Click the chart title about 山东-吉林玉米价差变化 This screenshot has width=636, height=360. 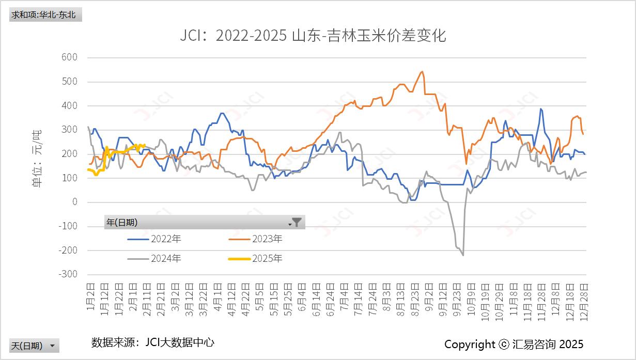click(x=313, y=36)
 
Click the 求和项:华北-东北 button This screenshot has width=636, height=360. click(x=45, y=14)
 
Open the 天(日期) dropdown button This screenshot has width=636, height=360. click(x=34, y=346)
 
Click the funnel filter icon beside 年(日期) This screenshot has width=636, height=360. click(x=297, y=222)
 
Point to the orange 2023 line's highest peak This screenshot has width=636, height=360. click(x=422, y=71)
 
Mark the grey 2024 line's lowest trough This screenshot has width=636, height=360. click(x=463, y=255)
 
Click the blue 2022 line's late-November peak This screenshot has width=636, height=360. click(x=540, y=108)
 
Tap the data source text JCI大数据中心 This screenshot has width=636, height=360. click(x=153, y=342)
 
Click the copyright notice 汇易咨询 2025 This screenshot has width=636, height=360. click(x=514, y=345)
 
